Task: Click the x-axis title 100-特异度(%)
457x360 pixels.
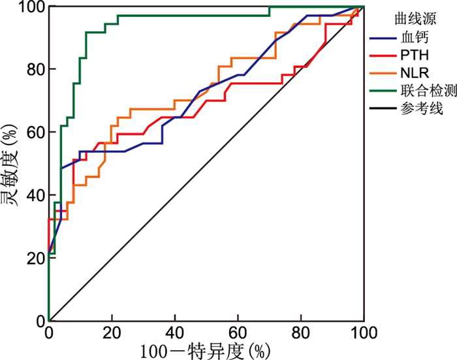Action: coord(204,351)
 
